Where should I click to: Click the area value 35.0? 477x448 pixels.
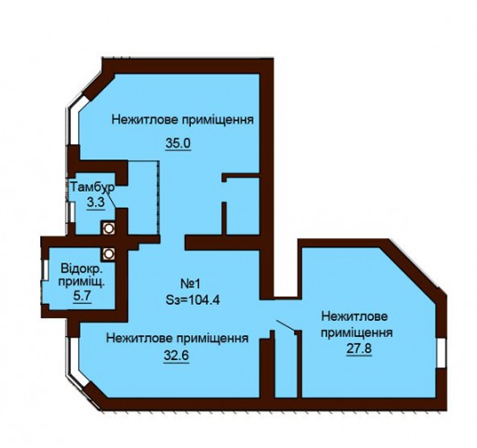tap(178, 142)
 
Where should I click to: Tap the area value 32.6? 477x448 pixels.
tap(177, 355)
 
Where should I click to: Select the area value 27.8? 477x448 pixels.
tap(359, 349)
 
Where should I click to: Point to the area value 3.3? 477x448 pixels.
tap(96, 202)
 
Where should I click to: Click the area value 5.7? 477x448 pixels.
tap(82, 295)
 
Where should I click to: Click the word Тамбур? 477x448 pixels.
tap(92, 187)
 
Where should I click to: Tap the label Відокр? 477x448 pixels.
tap(82, 269)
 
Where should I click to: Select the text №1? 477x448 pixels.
tap(191, 284)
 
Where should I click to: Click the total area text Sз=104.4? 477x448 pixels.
tap(193, 300)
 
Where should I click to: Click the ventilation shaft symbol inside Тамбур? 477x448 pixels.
tap(108, 228)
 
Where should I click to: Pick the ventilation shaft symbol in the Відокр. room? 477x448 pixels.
tap(108, 254)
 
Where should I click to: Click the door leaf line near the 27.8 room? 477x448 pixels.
tap(285, 326)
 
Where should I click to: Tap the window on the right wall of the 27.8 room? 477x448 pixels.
tap(441, 352)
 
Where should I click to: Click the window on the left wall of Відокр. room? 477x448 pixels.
tap(45, 270)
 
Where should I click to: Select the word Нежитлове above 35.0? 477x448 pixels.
tap(145, 119)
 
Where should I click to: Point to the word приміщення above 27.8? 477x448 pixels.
tap(357, 332)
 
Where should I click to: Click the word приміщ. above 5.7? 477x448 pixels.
tap(82, 282)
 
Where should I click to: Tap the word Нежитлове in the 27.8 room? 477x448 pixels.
tap(355, 316)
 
